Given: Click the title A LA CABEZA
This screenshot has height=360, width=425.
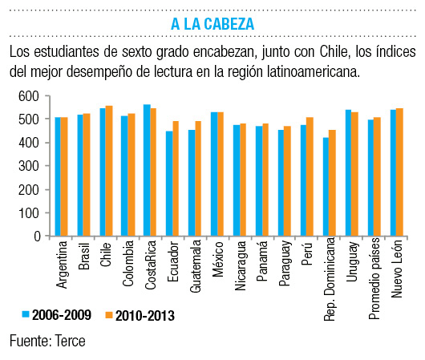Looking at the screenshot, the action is (212, 24).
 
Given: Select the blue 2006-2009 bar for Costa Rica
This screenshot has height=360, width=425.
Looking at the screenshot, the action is (147, 170).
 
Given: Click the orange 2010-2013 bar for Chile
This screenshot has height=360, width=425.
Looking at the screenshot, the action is (109, 171).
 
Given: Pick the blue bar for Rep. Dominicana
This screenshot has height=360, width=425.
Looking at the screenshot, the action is (326, 187).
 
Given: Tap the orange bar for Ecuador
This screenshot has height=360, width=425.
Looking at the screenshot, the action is (176, 178).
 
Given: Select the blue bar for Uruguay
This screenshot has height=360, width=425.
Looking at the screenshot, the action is (348, 172).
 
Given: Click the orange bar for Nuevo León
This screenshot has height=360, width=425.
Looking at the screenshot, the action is (399, 172).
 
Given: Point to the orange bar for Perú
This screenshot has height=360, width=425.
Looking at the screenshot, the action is (310, 176).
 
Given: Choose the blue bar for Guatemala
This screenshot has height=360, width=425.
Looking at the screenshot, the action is (192, 183).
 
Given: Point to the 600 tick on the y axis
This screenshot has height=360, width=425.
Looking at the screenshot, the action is (47, 95).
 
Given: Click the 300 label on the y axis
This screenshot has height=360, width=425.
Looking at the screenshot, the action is (28, 166).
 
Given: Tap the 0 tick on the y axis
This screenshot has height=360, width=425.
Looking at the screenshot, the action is (47, 236).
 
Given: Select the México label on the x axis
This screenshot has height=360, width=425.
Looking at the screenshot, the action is (218, 259).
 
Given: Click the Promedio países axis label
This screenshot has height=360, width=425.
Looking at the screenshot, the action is (374, 279).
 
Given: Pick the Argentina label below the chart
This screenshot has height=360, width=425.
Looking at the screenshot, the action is (62, 265).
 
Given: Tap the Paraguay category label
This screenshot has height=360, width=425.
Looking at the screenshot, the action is (285, 264).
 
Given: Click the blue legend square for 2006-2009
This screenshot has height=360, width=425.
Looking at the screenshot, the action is (26, 314).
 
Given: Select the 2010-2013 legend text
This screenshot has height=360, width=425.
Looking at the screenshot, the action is (145, 316).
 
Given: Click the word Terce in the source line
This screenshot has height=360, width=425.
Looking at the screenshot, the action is (70, 341).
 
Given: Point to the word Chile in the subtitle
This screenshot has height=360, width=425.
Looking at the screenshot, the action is (334, 51).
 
